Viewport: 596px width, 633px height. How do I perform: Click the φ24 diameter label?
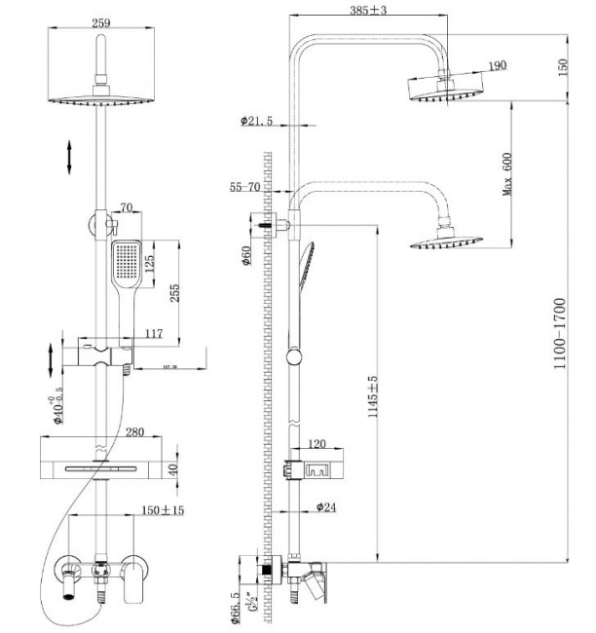click(326, 506)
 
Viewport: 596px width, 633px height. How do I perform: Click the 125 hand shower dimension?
click(149, 263)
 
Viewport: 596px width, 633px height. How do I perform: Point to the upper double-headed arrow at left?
click(69, 156)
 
